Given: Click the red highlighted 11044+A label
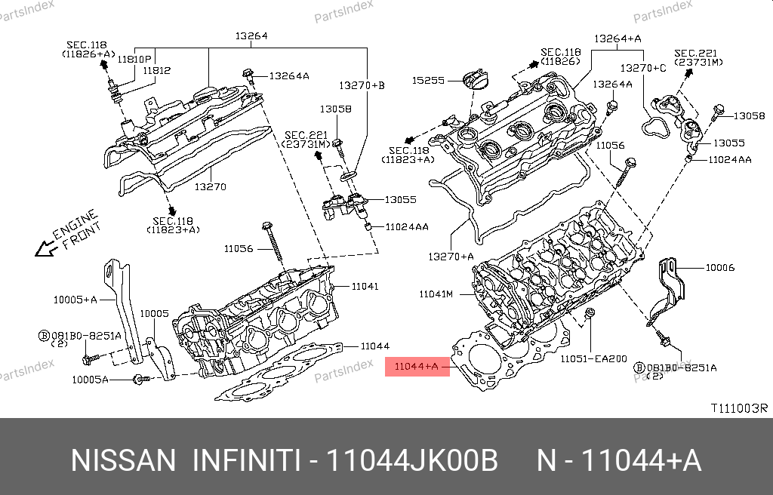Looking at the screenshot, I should pyautogui.click(x=417, y=367).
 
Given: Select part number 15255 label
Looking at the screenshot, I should pyautogui.click(x=427, y=79).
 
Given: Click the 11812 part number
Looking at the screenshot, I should pyautogui.click(x=157, y=70).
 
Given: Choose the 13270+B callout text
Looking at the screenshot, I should pyautogui.click(x=361, y=85).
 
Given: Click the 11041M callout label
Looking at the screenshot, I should pyautogui.click(x=436, y=293).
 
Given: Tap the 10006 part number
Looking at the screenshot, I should pyautogui.click(x=719, y=268).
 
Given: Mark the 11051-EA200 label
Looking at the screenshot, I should pyautogui.click(x=593, y=359).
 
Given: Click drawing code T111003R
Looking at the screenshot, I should pyautogui.click(x=738, y=408).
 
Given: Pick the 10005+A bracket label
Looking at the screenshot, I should pyautogui.click(x=75, y=300).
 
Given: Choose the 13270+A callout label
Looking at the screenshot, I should pyautogui.click(x=450, y=257).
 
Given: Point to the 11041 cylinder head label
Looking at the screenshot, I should pyautogui.click(x=365, y=286).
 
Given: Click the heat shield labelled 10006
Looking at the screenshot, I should pyautogui.click(x=671, y=291).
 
